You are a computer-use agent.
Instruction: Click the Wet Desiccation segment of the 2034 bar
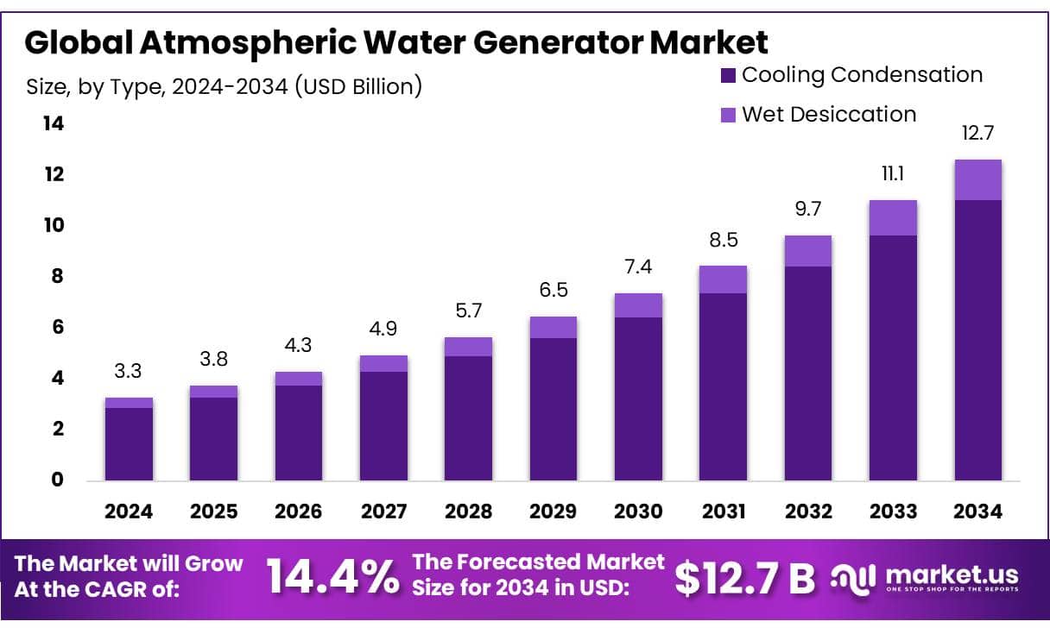[977, 179]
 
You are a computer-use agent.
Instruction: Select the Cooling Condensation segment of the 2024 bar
[129, 443]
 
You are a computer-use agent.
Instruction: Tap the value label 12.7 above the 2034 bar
[977, 134]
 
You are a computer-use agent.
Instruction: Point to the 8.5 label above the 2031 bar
[723, 240]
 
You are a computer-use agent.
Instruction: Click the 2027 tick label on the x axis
[383, 512]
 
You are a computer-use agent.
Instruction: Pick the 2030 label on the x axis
[638, 512]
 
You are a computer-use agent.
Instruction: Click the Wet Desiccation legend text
[829, 114]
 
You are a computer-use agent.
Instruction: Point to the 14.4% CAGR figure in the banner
[332, 576]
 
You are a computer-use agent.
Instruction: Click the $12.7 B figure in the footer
[744, 578]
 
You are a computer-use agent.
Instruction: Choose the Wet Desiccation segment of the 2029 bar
[553, 327]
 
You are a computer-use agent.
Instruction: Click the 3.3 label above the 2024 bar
[129, 373]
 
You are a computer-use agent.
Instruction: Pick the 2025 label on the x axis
[213, 512]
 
